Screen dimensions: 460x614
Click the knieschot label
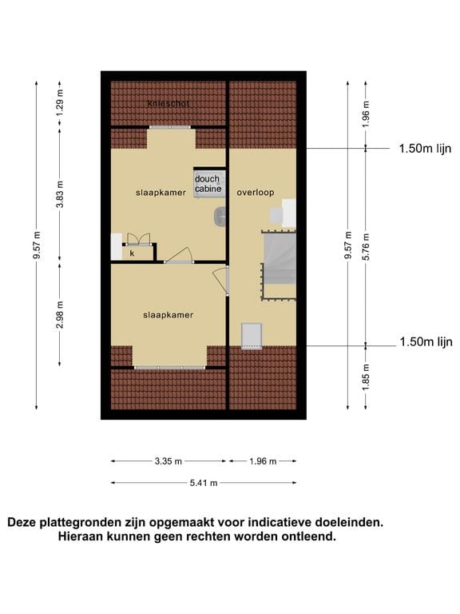[x=169, y=104]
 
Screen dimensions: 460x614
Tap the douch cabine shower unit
[x=209, y=183]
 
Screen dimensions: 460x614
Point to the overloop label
[x=256, y=193]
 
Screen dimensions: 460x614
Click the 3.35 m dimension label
[x=169, y=461]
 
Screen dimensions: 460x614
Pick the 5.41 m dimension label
[x=204, y=483]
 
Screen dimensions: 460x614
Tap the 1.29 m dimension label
[x=59, y=102]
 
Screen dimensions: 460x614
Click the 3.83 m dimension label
[x=59, y=194]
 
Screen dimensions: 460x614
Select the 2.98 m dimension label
[x=59, y=315]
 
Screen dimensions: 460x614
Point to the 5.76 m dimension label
[x=366, y=247]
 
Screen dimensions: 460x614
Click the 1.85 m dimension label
[x=366, y=377]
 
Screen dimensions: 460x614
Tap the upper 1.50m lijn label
[x=425, y=149]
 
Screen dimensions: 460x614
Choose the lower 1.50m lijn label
[x=426, y=342]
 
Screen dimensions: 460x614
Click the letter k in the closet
[x=133, y=253]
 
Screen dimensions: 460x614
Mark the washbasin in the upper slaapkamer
[x=220, y=217]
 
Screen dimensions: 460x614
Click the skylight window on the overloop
[x=251, y=336]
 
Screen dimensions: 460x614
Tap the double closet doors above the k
[x=138, y=240]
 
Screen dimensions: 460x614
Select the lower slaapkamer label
[x=169, y=315]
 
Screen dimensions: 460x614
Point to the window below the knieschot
[x=170, y=127]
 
